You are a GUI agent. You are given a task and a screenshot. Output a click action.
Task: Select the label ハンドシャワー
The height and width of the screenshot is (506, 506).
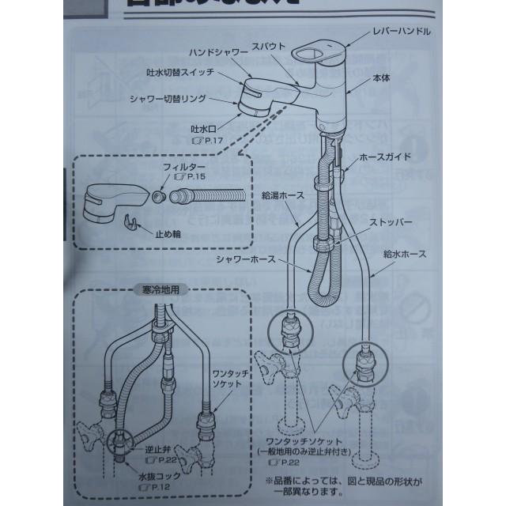pyautogui.click(x=215, y=53)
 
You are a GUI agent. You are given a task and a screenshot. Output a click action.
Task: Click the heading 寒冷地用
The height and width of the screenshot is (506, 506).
pyautogui.click(x=160, y=290)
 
